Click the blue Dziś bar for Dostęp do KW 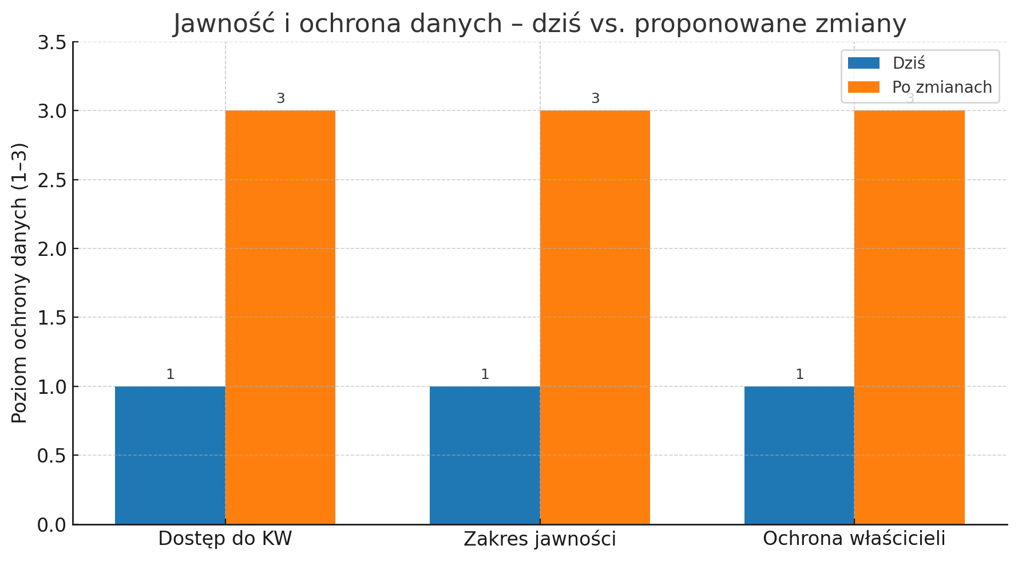[x=170, y=455]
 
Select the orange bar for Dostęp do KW [x=280, y=317]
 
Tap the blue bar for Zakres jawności [x=485, y=455]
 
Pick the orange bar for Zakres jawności [x=595, y=317]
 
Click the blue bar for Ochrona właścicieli [x=799, y=455]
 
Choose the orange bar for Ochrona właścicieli [x=909, y=317]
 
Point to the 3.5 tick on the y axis [x=52, y=42]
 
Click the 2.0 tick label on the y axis [x=52, y=249]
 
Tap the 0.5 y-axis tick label [x=52, y=456]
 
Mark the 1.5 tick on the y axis [x=52, y=318]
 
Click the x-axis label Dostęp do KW [x=225, y=539]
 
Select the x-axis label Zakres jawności [x=540, y=539]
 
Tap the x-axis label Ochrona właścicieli [x=854, y=539]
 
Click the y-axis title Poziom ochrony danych [x=19, y=283]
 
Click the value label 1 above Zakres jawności [x=485, y=374]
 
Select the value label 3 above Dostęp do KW [x=280, y=98]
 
